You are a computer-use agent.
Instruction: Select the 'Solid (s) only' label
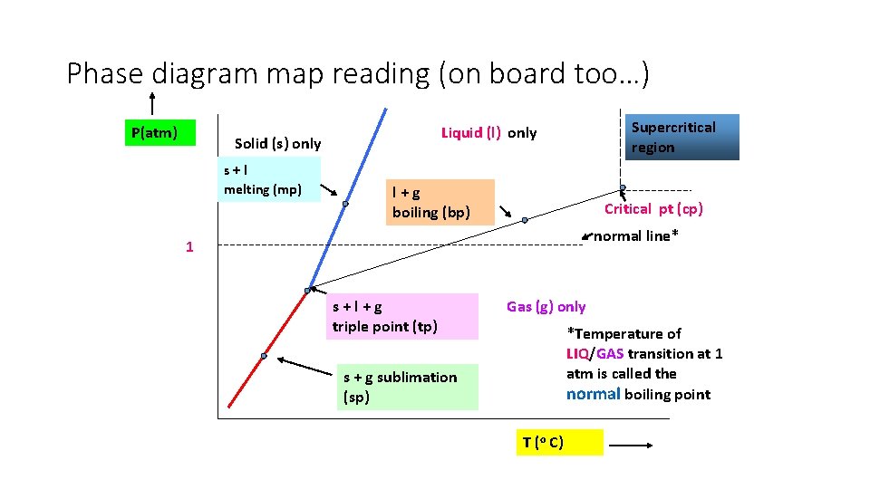click(277, 143)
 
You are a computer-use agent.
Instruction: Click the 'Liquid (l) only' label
click(488, 133)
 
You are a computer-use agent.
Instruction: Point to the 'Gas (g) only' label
click(546, 307)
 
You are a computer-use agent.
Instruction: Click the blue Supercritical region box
click(681, 137)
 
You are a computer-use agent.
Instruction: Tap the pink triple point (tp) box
click(402, 316)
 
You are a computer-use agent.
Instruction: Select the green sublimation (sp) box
click(407, 387)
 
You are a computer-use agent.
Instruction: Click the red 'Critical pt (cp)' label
click(653, 209)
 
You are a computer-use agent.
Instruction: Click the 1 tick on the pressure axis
click(189, 246)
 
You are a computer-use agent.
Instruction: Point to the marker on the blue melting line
click(345, 204)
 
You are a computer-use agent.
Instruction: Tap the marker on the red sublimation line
click(263, 356)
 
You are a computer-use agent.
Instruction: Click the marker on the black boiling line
click(524, 220)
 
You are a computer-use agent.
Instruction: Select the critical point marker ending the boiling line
click(623, 188)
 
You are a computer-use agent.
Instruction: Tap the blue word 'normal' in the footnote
click(593, 394)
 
